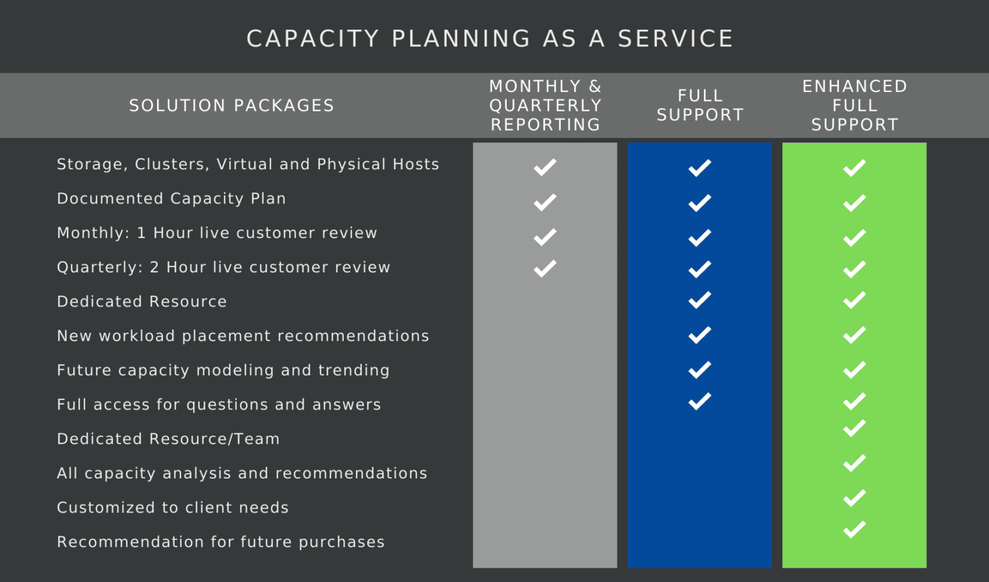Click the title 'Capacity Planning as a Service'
click(x=490, y=39)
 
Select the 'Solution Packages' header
click(x=232, y=106)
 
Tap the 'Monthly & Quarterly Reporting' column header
click(x=545, y=106)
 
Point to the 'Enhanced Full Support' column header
click(x=855, y=106)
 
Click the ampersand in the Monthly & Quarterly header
click(x=595, y=86)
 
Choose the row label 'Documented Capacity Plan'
click(x=171, y=199)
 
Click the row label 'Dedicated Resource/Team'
click(x=168, y=439)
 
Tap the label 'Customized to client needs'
click(x=173, y=507)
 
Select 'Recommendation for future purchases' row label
click(x=221, y=542)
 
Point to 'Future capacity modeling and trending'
click(x=223, y=370)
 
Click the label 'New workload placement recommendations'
click(x=243, y=336)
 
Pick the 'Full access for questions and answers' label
click(x=219, y=404)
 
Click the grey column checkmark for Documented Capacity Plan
click(x=545, y=203)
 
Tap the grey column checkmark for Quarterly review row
click(x=545, y=268)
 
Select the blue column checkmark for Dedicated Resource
click(x=700, y=300)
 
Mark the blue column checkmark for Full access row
click(x=700, y=401)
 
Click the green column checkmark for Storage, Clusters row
click(x=854, y=168)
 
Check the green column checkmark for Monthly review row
click(x=854, y=238)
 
